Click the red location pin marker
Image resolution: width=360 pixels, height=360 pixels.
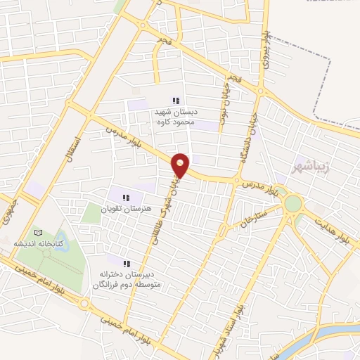click(x=181, y=165)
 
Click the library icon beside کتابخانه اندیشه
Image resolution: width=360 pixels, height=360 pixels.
click(x=38, y=233)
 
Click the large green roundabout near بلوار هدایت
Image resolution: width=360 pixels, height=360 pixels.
click(x=292, y=204)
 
